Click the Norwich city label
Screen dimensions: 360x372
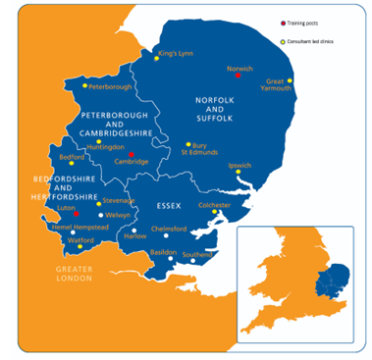point(239,69)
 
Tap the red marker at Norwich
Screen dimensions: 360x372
point(239,76)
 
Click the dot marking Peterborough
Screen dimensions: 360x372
point(85,87)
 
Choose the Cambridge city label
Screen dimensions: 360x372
point(132,162)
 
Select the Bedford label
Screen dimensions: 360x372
point(73,157)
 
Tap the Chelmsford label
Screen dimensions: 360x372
point(167,229)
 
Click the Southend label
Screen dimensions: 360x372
point(197,255)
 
